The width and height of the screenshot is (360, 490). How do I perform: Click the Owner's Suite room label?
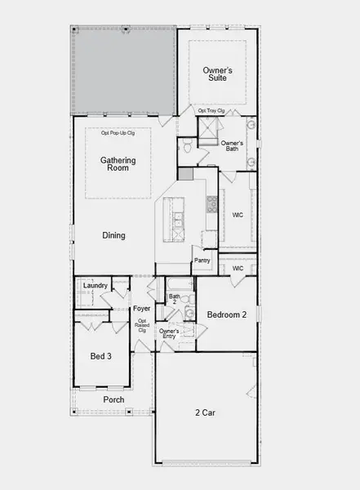217,74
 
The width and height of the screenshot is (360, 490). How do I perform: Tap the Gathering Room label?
118,164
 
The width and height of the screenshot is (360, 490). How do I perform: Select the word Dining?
113,236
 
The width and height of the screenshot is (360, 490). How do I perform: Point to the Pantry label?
202,261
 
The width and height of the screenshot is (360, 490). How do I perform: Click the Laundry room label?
96,285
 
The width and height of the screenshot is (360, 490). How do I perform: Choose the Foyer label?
142,309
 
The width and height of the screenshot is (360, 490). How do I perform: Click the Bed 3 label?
102,356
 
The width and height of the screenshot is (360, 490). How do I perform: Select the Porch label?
113,399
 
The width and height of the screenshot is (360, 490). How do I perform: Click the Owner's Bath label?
233,147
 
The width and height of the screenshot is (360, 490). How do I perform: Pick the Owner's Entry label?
168,334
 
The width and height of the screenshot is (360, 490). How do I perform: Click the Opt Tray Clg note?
211,110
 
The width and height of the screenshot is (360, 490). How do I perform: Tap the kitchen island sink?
178,220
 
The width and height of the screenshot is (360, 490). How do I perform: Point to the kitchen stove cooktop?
211,203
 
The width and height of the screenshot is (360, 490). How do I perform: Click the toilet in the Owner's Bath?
186,148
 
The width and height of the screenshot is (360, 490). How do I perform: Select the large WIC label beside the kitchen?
238,216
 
